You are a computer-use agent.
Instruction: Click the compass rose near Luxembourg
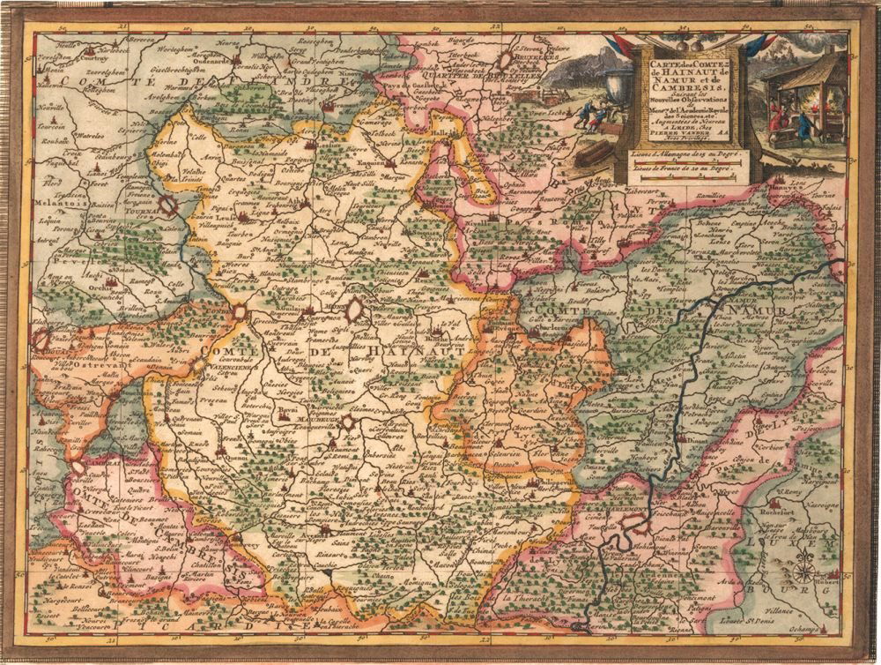point(803,573)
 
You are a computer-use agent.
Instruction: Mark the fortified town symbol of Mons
point(354,310)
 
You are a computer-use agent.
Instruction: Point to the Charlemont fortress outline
point(631,527)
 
